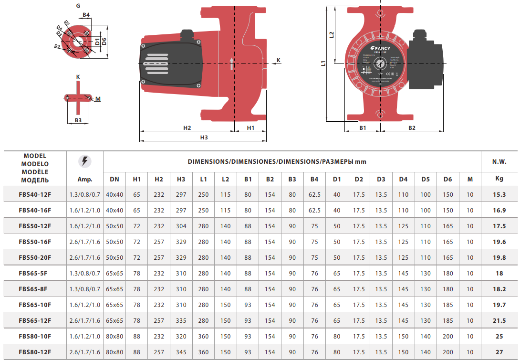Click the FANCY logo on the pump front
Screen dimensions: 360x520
(380, 48)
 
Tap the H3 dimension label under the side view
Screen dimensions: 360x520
(204, 137)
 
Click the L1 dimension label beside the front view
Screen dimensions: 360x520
(323, 63)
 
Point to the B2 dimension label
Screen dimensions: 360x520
(412, 128)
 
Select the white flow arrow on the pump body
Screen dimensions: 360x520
(232, 64)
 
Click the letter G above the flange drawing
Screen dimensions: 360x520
(78, 5)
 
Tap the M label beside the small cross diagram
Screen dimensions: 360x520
(98, 99)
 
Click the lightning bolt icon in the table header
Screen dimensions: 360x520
(84, 161)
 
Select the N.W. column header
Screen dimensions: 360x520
(499, 162)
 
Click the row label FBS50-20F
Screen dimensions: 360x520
(35, 257)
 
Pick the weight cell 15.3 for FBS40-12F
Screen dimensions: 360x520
(499, 195)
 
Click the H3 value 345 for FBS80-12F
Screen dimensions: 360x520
(181, 352)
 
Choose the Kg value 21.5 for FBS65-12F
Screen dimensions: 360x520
(499, 320)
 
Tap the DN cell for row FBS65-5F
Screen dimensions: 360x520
(114, 273)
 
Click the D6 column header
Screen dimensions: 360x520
(447, 179)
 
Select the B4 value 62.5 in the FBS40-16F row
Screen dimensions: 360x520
(314, 210)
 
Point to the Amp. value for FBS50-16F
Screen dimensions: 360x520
(84, 242)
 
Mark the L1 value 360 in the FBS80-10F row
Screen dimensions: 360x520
(203, 336)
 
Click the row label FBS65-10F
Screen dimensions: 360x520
(35, 305)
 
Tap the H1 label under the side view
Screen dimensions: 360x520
(250, 128)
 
